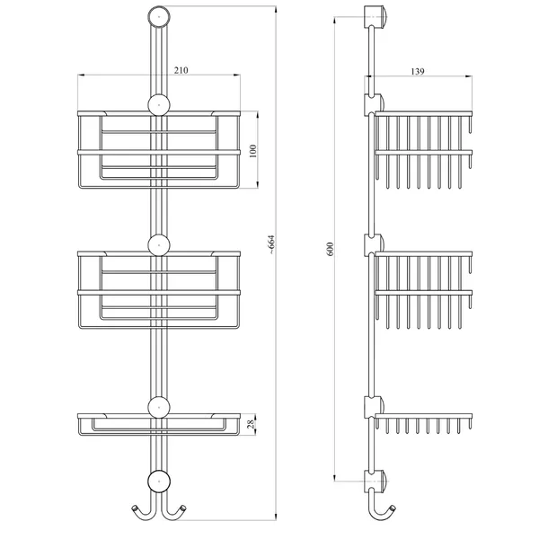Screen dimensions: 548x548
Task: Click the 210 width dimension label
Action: (x=181, y=70)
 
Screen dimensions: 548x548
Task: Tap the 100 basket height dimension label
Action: (x=253, y=151)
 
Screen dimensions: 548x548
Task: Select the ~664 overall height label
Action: (x=272, y=244)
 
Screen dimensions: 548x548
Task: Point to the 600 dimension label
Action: (x=331, y=249)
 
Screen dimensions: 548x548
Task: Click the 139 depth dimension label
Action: (x=418, y=71)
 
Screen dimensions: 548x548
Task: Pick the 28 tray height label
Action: (x=251, y=425)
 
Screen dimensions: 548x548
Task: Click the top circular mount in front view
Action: (x=159, y=16)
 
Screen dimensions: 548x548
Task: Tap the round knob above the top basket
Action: (x=159, y=104)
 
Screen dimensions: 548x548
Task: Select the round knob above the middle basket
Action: (x=159, y=245)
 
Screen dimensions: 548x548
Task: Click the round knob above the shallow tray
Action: (x=159, y=408)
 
